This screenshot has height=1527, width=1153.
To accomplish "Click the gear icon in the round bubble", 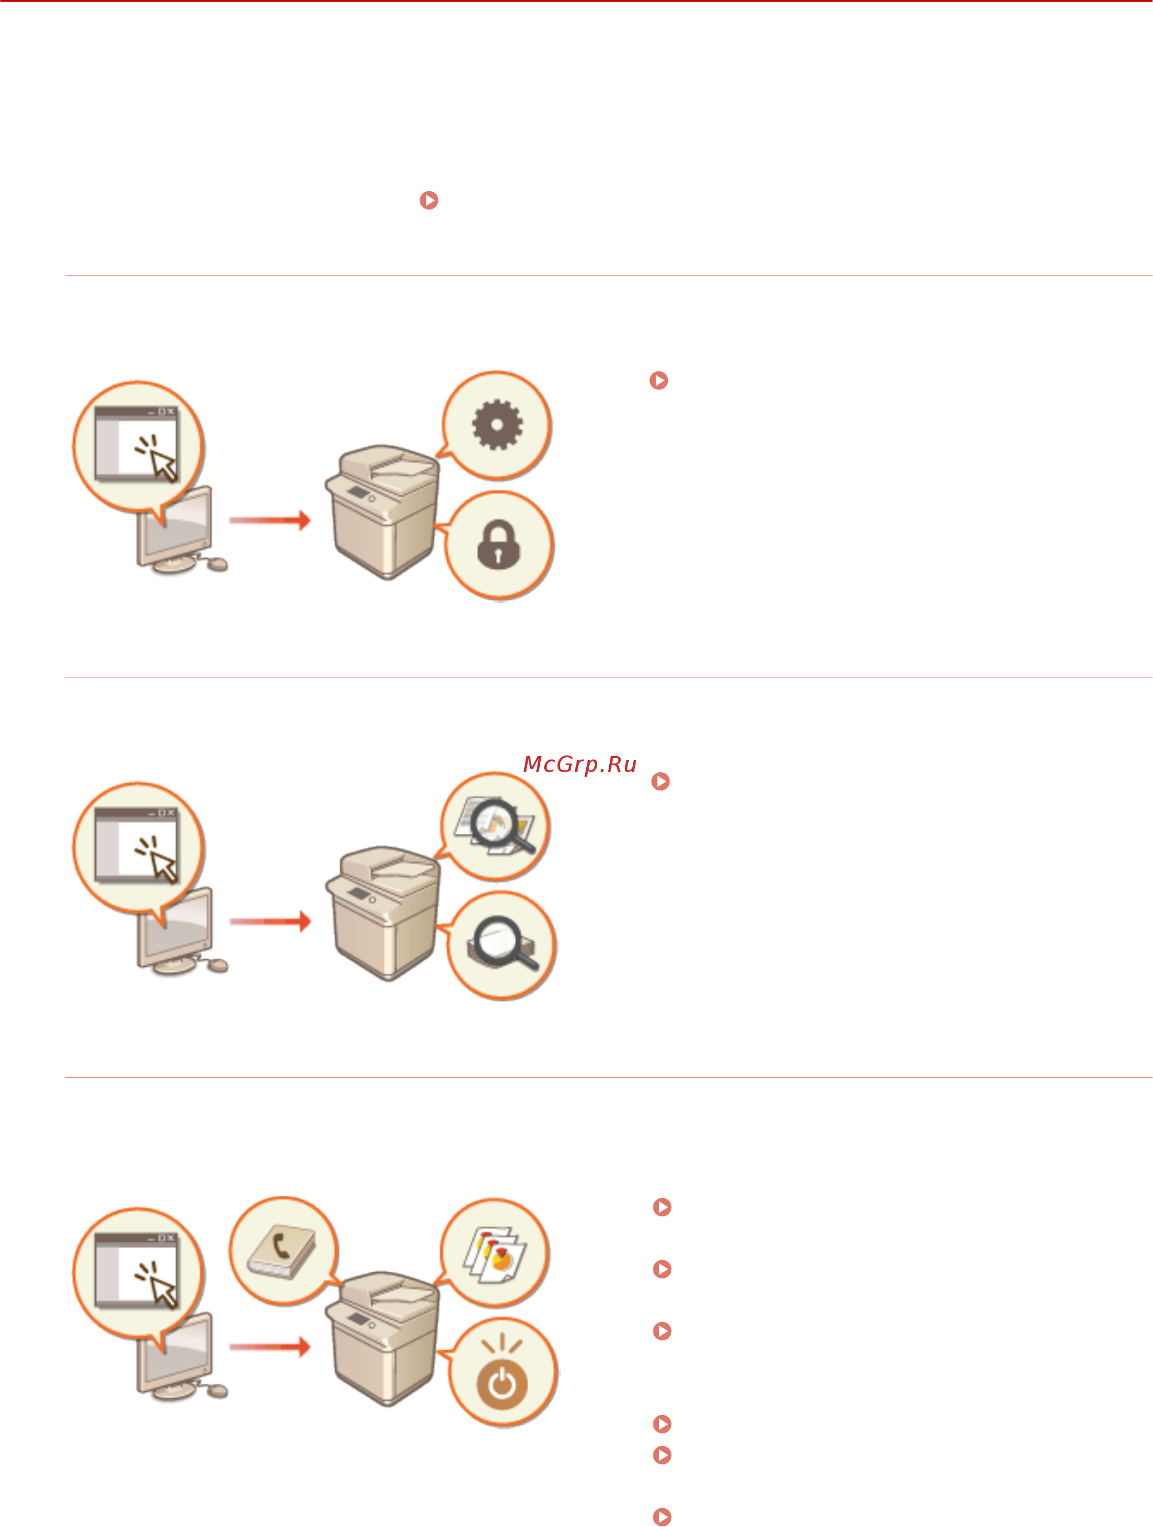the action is pos(497,425).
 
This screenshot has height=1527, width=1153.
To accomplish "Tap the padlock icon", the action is pos(498,545).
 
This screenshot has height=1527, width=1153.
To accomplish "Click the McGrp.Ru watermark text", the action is pos(580,765).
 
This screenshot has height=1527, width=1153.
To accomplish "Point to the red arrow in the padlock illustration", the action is pos(270,520).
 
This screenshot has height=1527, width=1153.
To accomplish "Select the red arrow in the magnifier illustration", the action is pos(270,921).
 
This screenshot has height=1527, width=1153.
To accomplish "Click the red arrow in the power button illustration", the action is pos(270,1346).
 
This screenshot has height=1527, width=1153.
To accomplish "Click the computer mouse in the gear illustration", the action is pos(218,565).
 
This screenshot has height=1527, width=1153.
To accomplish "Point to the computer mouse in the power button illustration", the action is pos(218,1391).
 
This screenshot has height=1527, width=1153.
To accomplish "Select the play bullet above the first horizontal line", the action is pos(430,200).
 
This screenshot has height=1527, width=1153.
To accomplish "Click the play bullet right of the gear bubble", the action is pos(659,381).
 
